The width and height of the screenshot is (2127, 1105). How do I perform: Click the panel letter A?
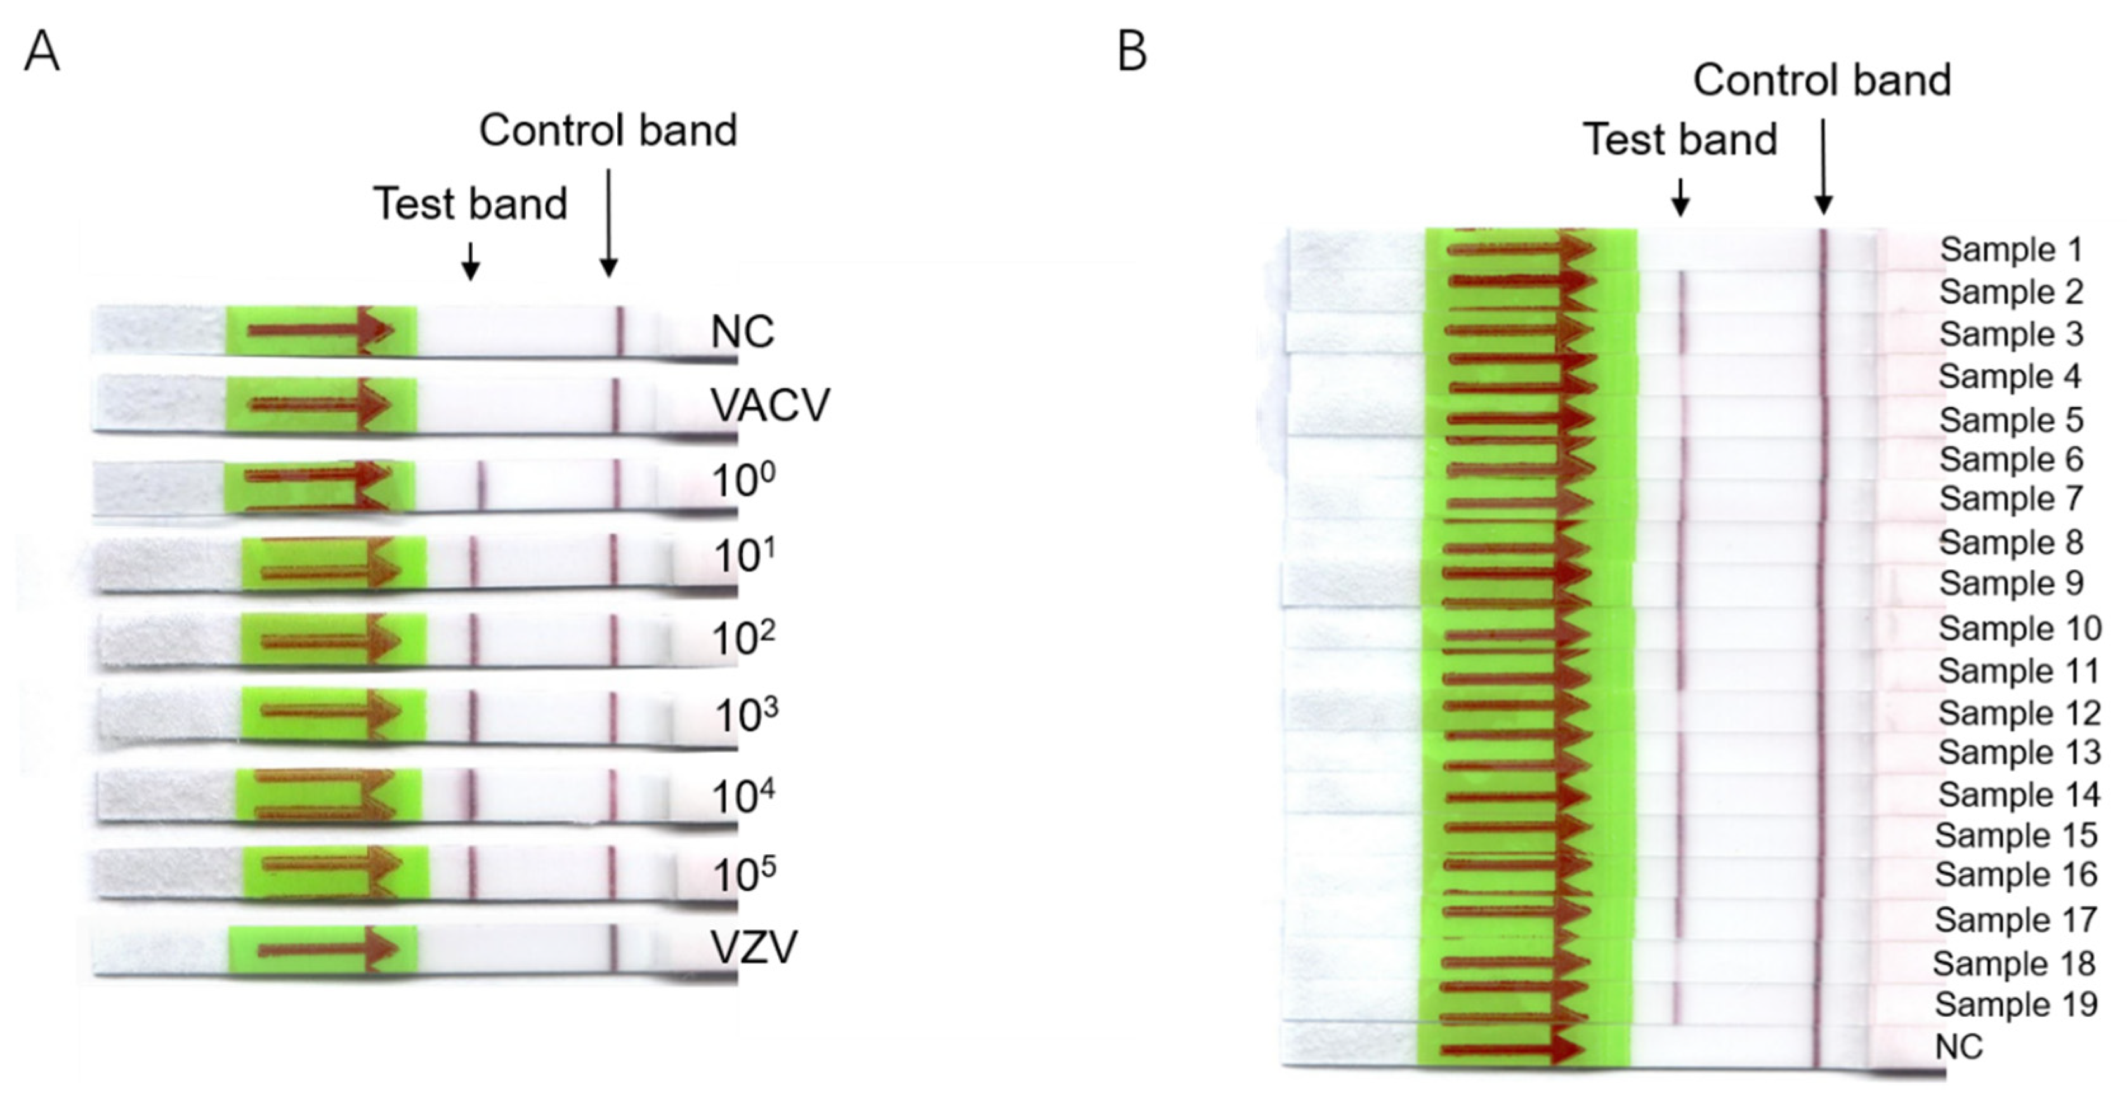pyautogui.click(x=42, y=54)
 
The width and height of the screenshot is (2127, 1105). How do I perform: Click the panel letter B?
pyautogui.click(x=1132, y=52)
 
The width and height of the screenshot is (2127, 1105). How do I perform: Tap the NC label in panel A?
pyautogui.click(x=742, y=332)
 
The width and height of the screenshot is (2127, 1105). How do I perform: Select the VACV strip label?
pyautogui.click(x=769, y=405)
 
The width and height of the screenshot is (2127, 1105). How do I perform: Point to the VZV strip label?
pyautogui.click(x=754, y=946)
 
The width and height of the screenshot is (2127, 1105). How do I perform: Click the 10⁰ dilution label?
pyautogui.click(x=742, y=480)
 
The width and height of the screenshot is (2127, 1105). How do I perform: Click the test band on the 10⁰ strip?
pyautogui.click(x=482, y=485)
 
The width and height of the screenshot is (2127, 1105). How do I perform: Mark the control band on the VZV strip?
pyautogui.click(x=613, y=947)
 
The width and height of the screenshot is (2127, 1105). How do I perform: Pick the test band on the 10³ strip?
pyautogui.click(x=473, y=717)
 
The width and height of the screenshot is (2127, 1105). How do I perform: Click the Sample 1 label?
pyautogui.click(x=2010, y=249)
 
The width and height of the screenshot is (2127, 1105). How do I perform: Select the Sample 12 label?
pyautogui.click(x=2019, y=712)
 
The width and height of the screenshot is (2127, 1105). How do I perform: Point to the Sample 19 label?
pyautogui.click(x=2015, y=1004)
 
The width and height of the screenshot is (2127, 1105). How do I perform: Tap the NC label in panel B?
pyautogui.click(x=1958, y=1047)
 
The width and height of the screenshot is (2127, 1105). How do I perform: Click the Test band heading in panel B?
pyautogui.click(x=1680, y=139)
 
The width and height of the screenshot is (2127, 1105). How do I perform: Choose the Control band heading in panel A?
pyautogui.click(x=608, y=131)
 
